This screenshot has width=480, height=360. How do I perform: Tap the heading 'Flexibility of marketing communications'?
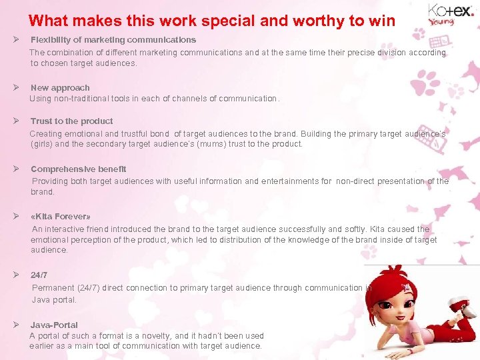pyautogui.click(x=113, y=40)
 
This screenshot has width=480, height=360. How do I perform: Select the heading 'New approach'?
pyautogui.click(x=60, y=88)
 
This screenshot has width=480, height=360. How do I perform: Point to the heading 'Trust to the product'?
pyautogui.click(x=72, y=121)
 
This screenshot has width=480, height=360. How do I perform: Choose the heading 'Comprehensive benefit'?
pyautogui.click(x=79, y=169)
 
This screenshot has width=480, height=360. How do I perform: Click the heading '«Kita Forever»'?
pyautogui.click(x=61, y=217)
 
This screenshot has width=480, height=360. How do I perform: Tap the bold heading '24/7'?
pyautogui.click(x=39, y=275)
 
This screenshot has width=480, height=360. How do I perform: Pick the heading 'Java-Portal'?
pyautogui.click(x=54, y=325)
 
